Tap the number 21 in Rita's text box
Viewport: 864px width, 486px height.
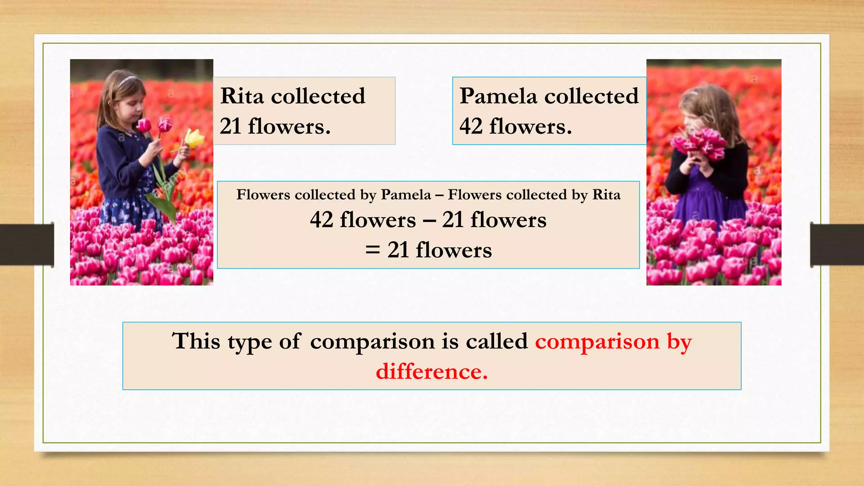(x=230, y=126)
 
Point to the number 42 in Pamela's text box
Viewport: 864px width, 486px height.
(x=471, y=126)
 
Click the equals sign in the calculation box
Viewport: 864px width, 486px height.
(x=373, y=250)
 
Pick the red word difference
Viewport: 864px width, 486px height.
(x=432, y=372)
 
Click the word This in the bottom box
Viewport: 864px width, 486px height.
(x=196, y=341)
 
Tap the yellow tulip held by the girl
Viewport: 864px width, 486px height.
(x=194, y=138)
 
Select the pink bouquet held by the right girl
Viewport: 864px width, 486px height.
(x=700, y=143)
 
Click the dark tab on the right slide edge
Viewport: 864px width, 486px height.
(x=837, y=245)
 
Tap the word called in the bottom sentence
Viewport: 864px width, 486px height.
(x=497, y=341)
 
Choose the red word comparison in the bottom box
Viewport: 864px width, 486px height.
(x=597, y=341)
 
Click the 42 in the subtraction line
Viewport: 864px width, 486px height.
(x=321, y=220)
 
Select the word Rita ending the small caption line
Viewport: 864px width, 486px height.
(x=606, y=194)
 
